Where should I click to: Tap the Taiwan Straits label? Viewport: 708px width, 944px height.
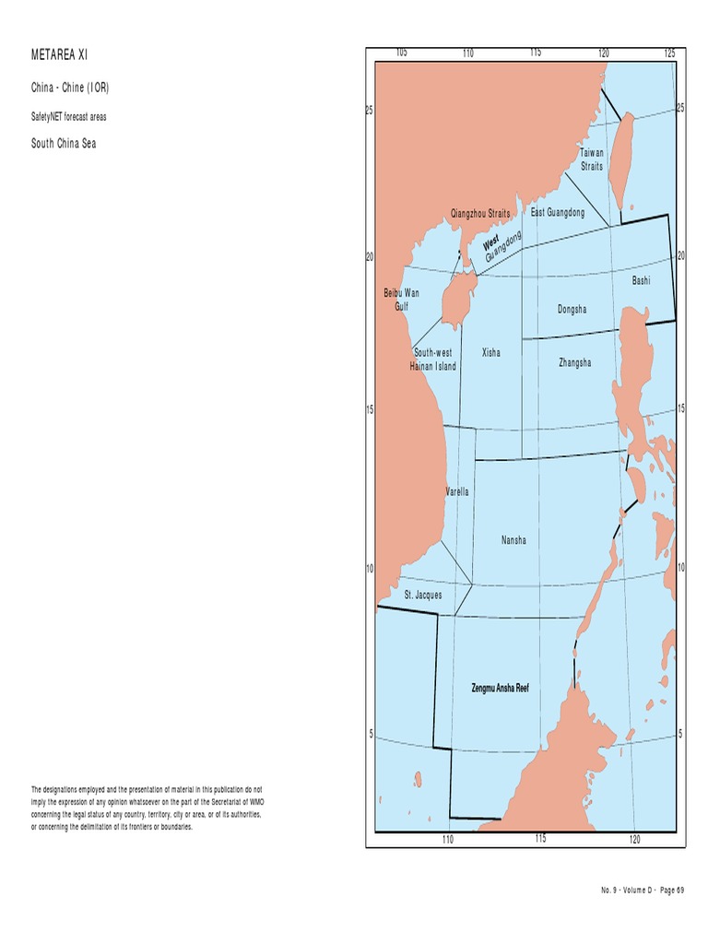[592, 159]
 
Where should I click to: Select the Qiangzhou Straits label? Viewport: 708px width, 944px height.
[480, 214]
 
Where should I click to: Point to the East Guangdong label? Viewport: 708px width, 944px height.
[558, 213]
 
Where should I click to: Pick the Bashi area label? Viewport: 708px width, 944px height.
[641, 280]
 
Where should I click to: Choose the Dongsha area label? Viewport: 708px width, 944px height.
[572, 310]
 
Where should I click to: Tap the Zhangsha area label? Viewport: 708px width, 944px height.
[574, 363]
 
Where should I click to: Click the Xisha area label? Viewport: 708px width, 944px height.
[491, 353]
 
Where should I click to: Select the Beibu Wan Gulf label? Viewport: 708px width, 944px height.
[401, 300]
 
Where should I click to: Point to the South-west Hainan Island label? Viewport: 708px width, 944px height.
[433, 360]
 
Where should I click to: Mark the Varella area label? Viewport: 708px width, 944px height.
[457, 492]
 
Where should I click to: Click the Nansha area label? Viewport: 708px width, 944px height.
[513, 540]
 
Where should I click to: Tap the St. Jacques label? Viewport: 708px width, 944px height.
[423, 596]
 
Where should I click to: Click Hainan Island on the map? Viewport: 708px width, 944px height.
[453, 301]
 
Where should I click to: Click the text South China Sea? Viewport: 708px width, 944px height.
[64, 144]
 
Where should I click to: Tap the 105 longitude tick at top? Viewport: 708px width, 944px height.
[401, 53]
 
